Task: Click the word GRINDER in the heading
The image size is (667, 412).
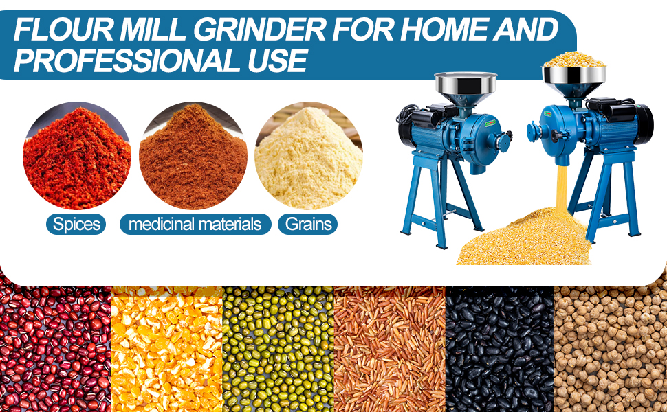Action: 261,30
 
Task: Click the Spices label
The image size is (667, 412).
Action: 76,224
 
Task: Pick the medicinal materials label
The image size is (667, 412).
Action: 195,224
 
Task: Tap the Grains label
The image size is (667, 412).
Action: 308,224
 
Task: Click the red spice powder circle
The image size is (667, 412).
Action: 77,156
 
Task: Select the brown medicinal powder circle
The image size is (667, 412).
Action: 193,156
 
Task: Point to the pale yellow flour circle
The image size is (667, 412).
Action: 309,156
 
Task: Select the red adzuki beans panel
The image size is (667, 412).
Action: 55,349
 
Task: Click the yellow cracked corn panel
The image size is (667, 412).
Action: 166,349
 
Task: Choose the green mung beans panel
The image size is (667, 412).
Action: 278,349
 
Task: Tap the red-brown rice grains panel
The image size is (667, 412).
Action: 390,349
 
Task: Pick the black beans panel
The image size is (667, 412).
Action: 499,349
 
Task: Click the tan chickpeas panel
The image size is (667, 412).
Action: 611,349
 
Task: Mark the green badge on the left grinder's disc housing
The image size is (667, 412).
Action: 490,123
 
